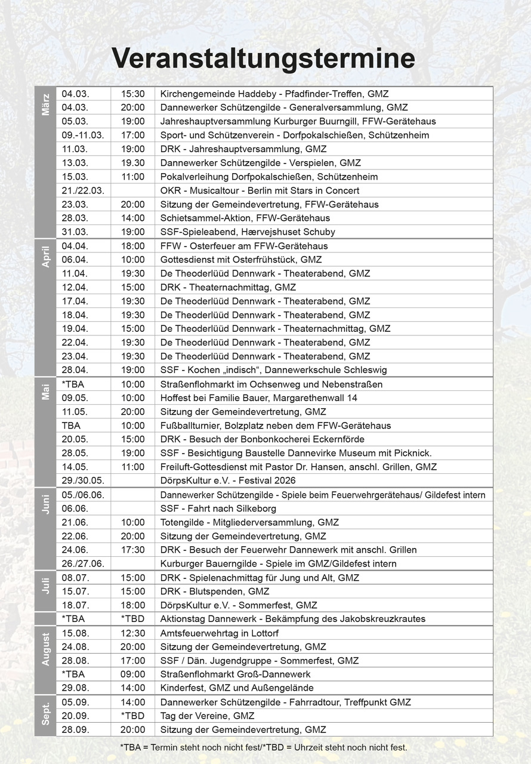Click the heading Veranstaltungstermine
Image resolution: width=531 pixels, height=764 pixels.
click(x=263, y=59)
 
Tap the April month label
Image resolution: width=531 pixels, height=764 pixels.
click(x=45, y=256)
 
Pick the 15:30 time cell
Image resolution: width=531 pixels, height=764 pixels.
click(x=133, y=94)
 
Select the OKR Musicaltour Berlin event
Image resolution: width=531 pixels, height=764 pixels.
click(x=260, y=190)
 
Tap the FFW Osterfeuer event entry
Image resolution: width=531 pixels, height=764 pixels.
click(x=244, y=246)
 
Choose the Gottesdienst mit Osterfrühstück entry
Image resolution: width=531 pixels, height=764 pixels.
click(x=241, y=260)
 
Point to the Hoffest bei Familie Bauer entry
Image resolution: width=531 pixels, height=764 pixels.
click(x=259, y=398)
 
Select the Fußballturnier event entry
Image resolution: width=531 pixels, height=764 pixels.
click(x=276, y=426)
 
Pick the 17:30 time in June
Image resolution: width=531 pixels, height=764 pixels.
click(x=133, y=550)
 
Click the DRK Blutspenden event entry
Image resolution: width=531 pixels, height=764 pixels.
click(x=215, y=592)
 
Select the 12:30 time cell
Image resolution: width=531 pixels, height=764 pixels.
click(x=133, y=633)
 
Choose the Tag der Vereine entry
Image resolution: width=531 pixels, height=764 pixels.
click(x=207, y=716)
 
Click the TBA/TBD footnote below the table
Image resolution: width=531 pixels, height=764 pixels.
click(x=264, y=747)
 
